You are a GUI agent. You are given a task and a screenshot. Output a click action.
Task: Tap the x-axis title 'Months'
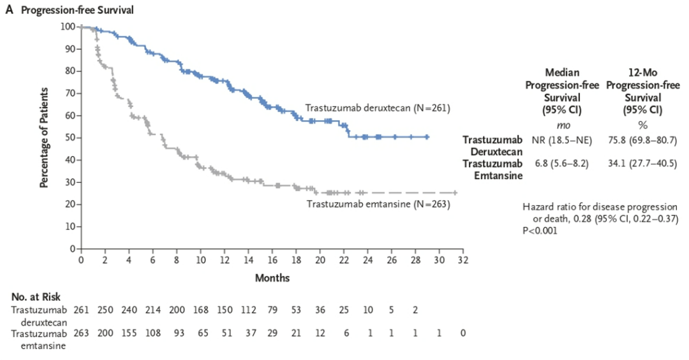tap(272, 278)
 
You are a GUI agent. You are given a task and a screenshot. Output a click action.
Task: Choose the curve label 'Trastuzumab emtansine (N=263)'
tap(378, 205)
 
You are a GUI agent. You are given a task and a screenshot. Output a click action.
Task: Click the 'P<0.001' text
tap(540, 231)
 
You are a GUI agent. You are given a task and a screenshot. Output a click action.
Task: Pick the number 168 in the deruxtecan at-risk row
tap(201, 310)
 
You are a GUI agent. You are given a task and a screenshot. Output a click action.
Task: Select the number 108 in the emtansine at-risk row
tap(153, 333)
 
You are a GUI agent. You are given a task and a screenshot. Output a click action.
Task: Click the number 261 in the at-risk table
tap(81, 310)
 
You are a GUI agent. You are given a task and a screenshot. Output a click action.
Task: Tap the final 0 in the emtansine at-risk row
tap(464, 333)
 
